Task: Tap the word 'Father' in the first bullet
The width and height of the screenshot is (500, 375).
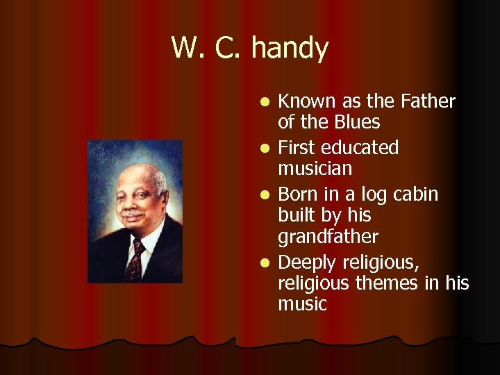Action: tap(428, 101)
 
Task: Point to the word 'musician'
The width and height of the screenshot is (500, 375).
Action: tap(315, 169)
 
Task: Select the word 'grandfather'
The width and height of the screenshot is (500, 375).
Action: tap(328, 237)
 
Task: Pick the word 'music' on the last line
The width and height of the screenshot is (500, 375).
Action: tap(302, 304)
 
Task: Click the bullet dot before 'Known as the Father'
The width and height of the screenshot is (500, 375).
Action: tap(265, 103)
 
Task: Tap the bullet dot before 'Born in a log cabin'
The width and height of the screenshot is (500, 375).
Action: tap(265, 195)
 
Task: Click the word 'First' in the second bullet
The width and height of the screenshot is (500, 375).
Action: tap(297, 148)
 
